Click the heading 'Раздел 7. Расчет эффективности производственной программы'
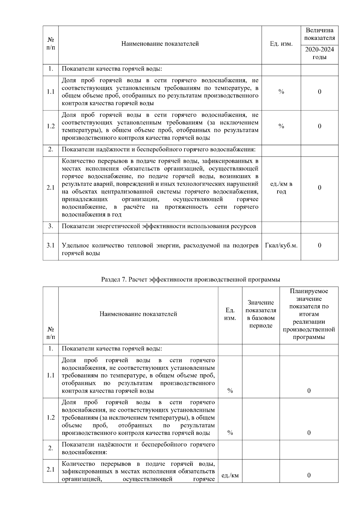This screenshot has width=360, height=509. tap(190, 280)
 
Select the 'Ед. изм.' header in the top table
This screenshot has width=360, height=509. tap(281, 44)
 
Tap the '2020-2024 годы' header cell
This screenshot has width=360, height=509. tap(319, 53)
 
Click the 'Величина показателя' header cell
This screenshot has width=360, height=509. tap(319, 34)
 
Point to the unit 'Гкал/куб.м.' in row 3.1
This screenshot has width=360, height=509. tap(281, 245)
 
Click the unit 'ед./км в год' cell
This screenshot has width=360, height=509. tap(281, 188)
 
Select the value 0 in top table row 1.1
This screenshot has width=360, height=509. tap(319, 92)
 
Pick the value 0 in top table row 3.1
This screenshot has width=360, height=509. tap(319, 245)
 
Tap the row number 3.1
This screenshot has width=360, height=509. tap(50, 245)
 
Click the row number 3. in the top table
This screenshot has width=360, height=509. tap(50, 226)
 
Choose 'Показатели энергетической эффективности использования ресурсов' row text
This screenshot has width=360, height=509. tap(159, 226)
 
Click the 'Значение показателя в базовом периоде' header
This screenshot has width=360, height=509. tap(261, 314)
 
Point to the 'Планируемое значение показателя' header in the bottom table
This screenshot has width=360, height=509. tap(309, 314)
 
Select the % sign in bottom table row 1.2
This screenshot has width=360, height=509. tap(230, 433)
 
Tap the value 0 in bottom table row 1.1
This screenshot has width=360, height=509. tap(309, 391)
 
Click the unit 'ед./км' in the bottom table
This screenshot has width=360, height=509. tap(230, 475)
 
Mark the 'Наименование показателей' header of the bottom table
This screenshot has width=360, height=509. tap(138, 314)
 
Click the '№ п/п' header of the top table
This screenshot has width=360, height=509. tap(50, 44)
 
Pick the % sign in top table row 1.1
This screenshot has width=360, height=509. tap(281, 92)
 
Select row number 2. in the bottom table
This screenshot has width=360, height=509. tap(50, 448)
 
